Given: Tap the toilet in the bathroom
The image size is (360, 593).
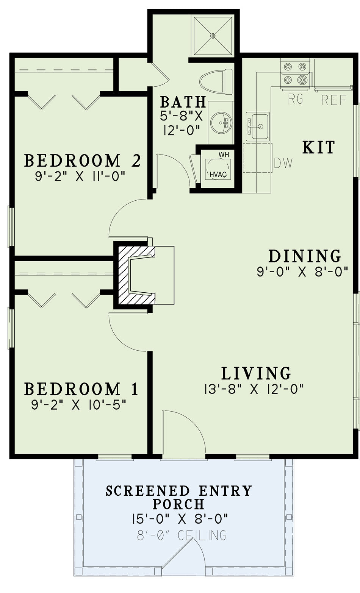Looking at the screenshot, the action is [216, 82].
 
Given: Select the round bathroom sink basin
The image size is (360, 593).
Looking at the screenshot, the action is [221, 123].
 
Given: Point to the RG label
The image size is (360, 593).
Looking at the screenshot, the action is [296, 100].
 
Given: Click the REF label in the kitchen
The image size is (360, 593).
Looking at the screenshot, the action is [334, 100].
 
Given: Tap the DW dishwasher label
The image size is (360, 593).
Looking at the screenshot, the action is [283, 163].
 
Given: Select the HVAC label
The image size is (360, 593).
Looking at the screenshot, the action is [218, 175].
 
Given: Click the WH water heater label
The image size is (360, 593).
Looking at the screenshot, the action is [224, 154].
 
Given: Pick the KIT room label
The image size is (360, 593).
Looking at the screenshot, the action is [319, 147].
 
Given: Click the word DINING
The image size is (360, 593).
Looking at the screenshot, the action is [305, 256].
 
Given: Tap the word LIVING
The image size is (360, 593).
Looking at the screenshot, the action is [256, 373].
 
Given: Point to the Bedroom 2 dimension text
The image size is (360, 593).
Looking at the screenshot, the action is [80, 176].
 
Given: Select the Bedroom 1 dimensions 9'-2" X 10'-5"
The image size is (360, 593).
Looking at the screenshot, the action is [78, 405].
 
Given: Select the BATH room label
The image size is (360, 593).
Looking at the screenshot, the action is [183, 101].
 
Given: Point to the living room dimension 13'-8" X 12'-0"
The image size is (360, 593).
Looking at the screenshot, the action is [254, 389].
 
